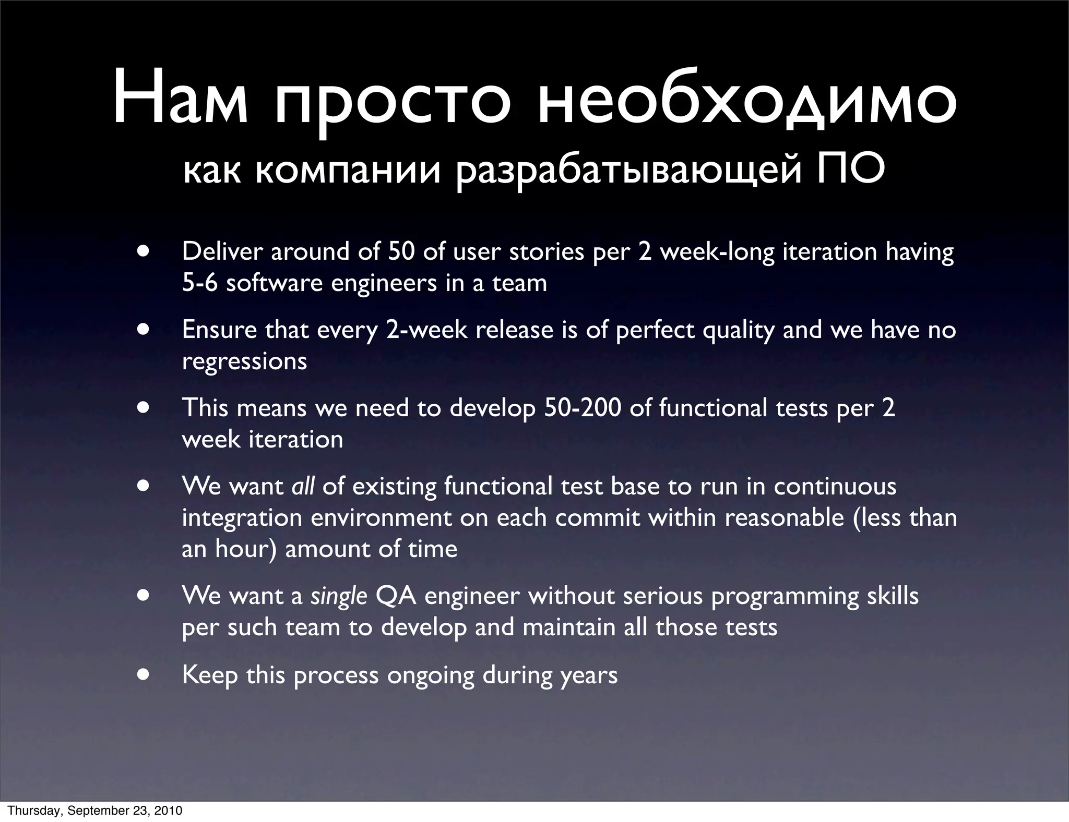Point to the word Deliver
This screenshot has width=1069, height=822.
point(221,251)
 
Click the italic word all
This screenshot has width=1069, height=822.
point(303,486)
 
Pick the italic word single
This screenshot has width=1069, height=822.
point(339,596)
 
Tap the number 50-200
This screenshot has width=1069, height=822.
point(583,407)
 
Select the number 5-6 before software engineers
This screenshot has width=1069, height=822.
point(199,283)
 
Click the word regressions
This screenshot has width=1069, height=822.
point(244,361)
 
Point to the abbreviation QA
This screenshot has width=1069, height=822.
point(396,596)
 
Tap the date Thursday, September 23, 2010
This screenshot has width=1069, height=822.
point(95,811)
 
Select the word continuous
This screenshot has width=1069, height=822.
point(835,486)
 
